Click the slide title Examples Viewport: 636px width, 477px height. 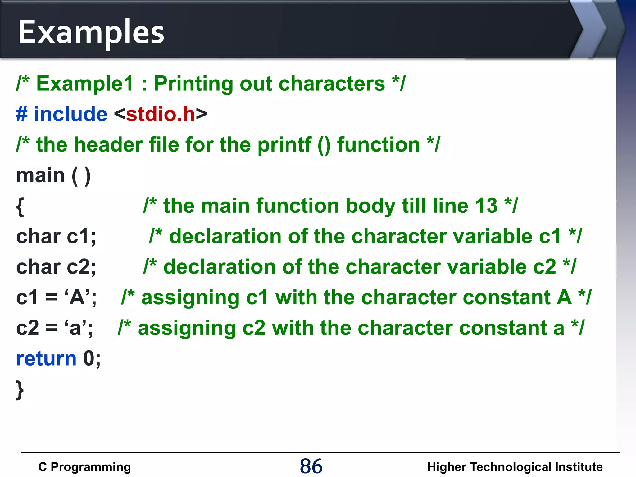(91, 32)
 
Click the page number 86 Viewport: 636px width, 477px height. (311, 466)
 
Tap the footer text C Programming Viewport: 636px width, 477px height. (84, 467)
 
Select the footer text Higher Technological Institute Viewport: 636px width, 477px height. (515, 467)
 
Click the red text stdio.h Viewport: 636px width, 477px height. (161, 114)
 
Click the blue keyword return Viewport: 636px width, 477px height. (46, 358)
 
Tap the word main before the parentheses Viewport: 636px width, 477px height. (40, 175)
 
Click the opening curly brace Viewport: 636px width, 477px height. (20, 207)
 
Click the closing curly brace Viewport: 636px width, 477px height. (20, 390)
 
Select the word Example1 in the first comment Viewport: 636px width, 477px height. (85, 84)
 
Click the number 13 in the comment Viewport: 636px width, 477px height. (486, 206)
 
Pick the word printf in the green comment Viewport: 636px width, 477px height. (284, 145)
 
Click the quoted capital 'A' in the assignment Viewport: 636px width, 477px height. (77, 297)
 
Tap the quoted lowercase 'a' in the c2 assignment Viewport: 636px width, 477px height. (76, 328)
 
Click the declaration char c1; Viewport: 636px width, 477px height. (56, 236)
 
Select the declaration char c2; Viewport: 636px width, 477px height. (56, 267)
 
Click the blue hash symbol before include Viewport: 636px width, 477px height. (22, 114)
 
